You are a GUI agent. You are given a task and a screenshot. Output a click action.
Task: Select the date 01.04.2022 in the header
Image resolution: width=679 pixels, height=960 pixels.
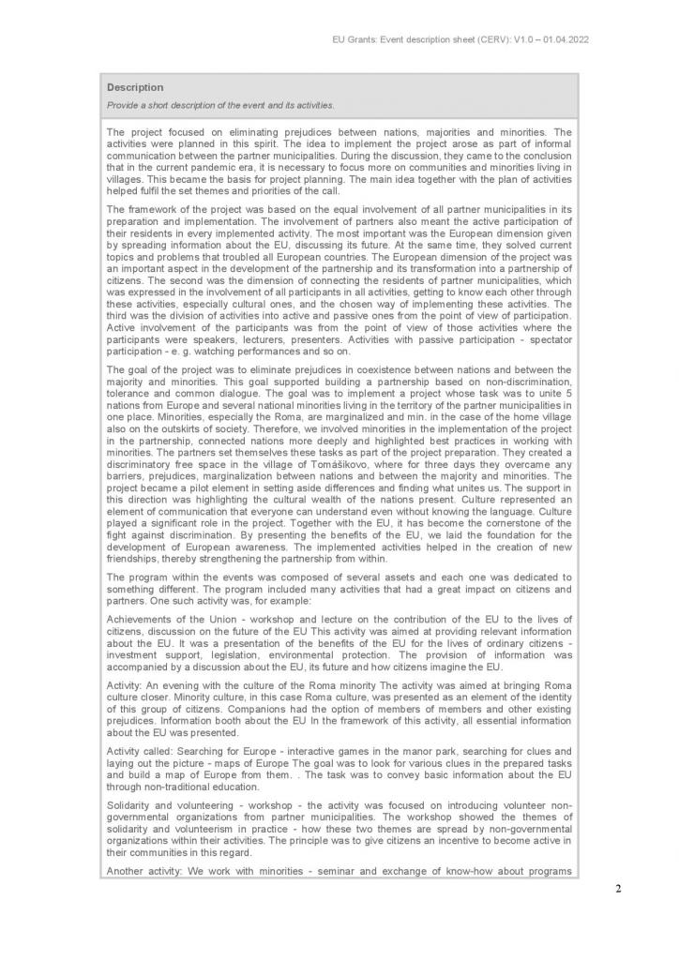[x=562, y=40]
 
